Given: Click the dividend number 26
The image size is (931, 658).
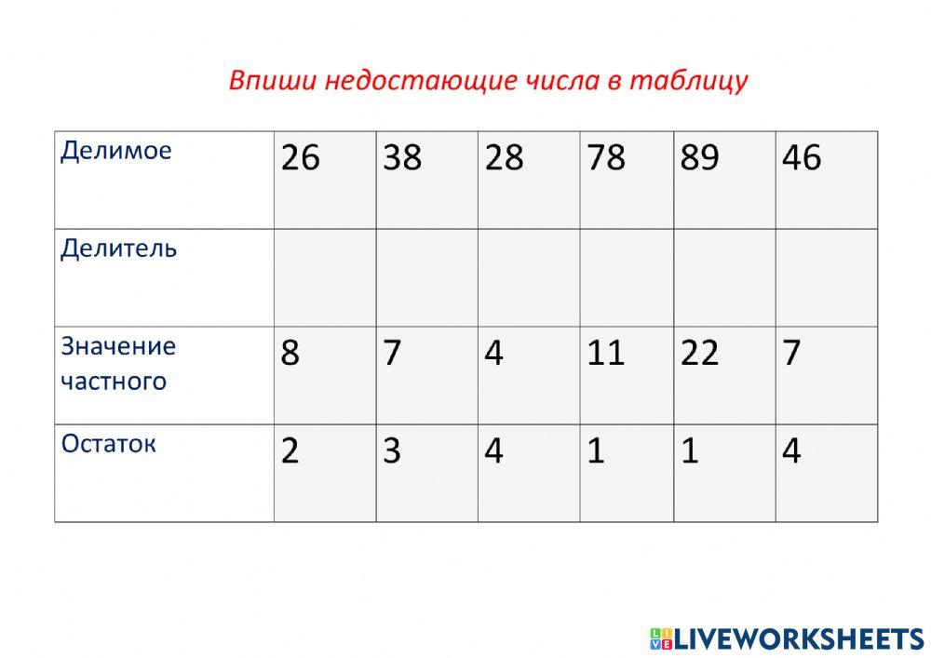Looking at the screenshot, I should coord(300,158).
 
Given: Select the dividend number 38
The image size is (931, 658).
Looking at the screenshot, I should coord(402,158).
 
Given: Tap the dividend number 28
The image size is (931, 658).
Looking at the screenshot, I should coord(505,158).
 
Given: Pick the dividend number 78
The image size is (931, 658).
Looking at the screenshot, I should coord(606,158).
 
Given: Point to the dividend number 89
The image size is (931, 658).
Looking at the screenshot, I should coord(699,158).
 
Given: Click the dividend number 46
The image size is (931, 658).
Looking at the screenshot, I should coord(802,158).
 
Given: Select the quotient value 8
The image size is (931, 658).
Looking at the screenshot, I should coord(290,354).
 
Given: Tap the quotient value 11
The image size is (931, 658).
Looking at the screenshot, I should coord(605,354).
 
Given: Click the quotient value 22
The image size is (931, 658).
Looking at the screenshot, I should coord(699,354).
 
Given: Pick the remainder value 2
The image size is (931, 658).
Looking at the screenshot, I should coord(290,451).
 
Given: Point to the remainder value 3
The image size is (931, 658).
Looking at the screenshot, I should coord(392,451).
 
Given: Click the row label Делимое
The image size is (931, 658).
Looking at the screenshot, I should coord(116,150).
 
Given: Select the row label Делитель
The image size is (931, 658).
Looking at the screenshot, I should coord(118,248).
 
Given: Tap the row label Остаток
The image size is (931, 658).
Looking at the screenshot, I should coord(108,443).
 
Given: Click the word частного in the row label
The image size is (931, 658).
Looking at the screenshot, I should coord(114,382).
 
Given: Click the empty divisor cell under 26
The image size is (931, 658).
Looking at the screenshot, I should coord(325,277).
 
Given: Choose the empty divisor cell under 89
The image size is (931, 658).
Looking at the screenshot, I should coord(724,277).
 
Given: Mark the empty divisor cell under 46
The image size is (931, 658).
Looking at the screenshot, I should coord(827,277).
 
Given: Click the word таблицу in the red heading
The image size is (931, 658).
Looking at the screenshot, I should coord(689,81).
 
